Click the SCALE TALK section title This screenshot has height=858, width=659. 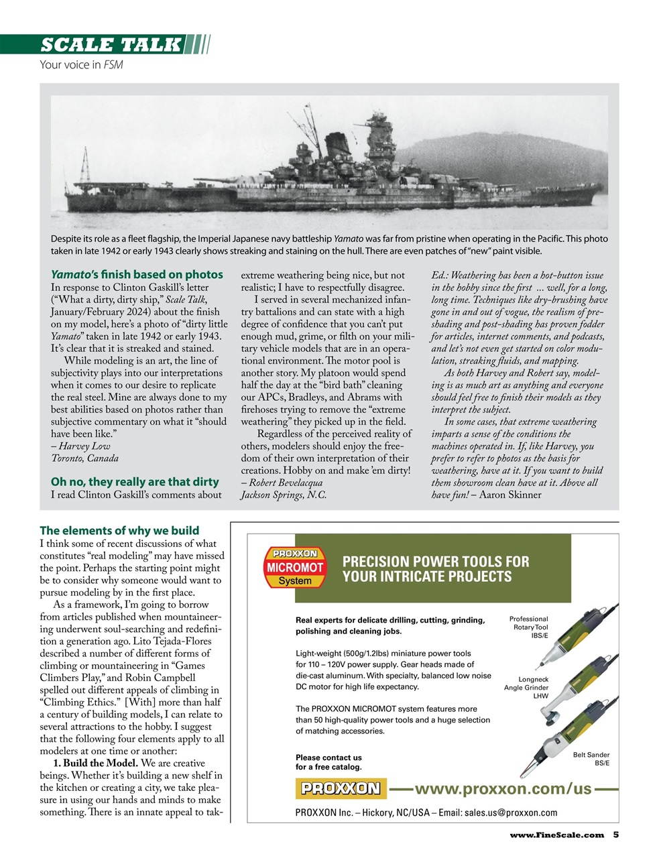[x=111, y=45]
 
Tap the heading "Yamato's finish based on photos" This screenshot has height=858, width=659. [x=137, y=274]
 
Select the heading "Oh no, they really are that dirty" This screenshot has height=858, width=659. [x=135, y=482]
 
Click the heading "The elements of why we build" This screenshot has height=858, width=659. [x=119, y=530]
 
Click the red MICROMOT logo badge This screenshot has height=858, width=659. [x=294, y=567]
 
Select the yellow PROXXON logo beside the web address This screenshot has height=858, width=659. [x=341, y=788]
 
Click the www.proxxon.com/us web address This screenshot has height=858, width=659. [x=503, y=788]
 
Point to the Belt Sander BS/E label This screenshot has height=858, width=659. [x=591, y=759]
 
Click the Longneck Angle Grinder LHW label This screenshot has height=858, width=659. [x=528, y=688]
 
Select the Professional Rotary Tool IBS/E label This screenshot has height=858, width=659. [x=528, y=627]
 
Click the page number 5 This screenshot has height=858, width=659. [x=615, y=835]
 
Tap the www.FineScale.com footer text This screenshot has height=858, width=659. [x=556, y=835]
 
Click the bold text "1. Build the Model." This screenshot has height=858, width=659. [x=96, y=763]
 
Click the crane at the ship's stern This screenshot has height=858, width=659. [x=85, y=163]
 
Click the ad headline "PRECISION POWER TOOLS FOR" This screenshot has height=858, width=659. [x=435, y=562]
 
